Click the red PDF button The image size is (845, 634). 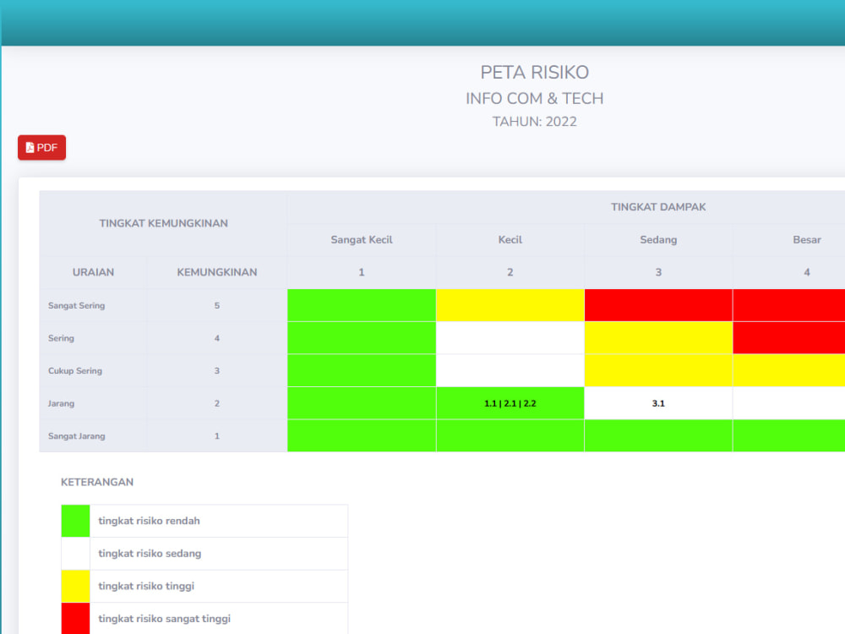point(41,147)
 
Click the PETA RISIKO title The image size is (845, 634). point(534,72)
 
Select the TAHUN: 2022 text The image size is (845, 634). point(534,121)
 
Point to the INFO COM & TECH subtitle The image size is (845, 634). point(534,98)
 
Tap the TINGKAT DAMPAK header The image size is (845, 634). point(658,207)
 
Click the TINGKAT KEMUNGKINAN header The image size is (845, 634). point(163,223)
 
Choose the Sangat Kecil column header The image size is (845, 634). point(362,239)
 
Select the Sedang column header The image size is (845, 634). point(658,239)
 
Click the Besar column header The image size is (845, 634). point(807,239)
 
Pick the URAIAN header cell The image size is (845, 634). point(93,272)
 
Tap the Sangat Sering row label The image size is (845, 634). point(77,306)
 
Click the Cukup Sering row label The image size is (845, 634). point(75,371)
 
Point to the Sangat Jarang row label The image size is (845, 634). point(77,436)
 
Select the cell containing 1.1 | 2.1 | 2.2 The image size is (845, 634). point(510,403)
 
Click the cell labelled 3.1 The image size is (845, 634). point(658,403)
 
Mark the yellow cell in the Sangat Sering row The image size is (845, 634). point(510,305)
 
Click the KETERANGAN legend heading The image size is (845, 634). point(97,482)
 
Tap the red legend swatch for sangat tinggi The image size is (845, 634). point(75,619)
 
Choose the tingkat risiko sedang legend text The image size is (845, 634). point(150,554)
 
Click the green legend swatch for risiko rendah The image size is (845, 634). point(75,521)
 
